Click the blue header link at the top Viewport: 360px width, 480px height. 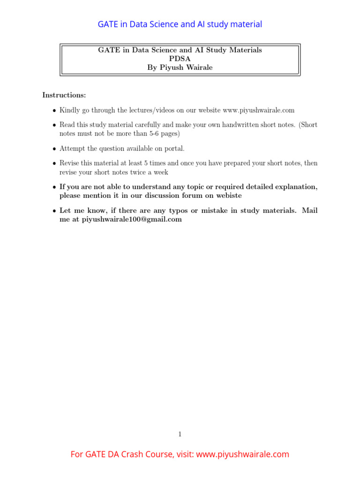click(x=180, y=24)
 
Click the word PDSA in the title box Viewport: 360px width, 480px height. click(x=180, y=59)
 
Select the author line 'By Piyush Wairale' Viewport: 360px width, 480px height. click(x=180, y=67)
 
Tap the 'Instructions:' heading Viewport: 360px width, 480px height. click(x=64, y=95)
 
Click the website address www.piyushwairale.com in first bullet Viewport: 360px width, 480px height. click(x=259, y=110)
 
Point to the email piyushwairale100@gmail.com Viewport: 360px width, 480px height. click(x=132, y=219)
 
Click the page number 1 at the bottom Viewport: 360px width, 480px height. click(x=180, y=434)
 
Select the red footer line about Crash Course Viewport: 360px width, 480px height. click(x=180, y=454)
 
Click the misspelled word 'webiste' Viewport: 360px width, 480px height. click(x=227, y=195)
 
